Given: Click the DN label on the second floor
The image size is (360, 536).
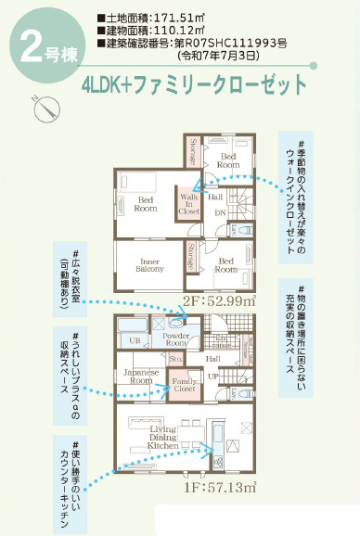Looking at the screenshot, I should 221,213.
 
